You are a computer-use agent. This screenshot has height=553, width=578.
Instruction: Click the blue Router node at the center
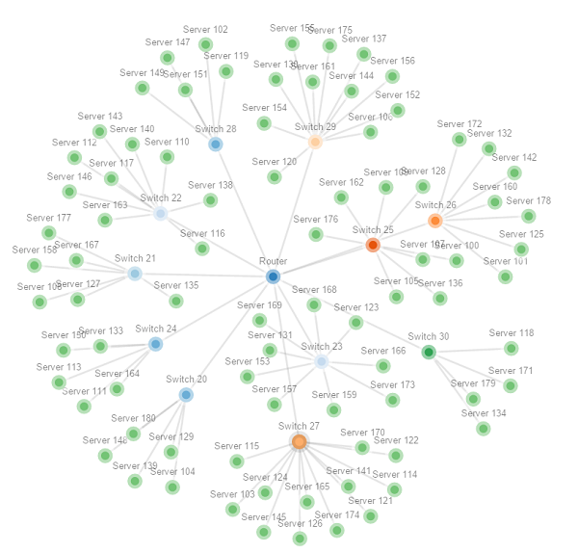point(274,276)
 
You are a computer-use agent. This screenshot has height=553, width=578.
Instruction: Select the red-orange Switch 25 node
point(373,245)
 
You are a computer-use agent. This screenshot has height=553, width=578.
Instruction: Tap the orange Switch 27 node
point(299,441)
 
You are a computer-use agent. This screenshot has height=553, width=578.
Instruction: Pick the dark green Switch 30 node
point(429,352)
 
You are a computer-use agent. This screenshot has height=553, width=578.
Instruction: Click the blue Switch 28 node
point(216,145)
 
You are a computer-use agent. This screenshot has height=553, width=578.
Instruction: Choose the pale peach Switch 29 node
point(315,143)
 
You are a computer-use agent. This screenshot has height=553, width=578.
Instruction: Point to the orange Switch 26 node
point(435,221)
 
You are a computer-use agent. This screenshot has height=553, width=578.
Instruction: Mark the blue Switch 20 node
point(186,394)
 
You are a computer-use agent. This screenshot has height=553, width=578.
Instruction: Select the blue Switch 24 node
point(156,344)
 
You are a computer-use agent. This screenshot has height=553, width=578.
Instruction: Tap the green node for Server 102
point(205,44)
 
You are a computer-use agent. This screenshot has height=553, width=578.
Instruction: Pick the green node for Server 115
point(237,461)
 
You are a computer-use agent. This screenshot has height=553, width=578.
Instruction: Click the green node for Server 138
point(210,200)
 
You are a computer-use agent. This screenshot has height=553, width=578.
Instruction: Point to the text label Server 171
point(511,371)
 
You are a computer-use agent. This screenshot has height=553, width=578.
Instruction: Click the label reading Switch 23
point(321,347)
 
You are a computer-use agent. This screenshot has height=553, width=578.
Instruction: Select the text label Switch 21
point(135,258)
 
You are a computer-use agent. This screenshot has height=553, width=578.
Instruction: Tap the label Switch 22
point(160,198)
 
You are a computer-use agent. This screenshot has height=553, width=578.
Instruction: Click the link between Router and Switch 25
point(323,260)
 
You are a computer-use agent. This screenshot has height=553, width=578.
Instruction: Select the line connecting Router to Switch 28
point(245,210)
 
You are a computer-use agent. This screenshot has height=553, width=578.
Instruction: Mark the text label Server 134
point(484,413)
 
